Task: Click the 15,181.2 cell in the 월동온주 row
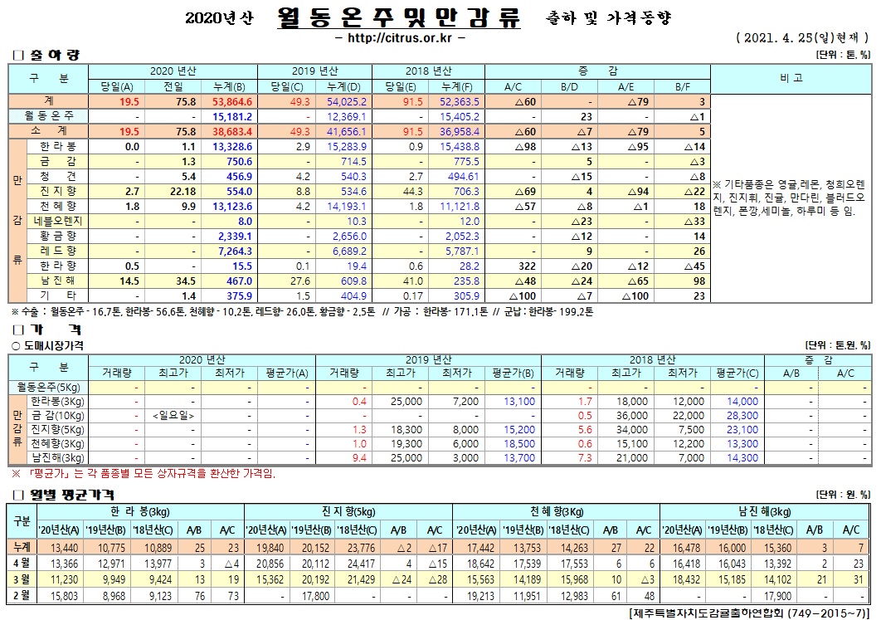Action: [236, 116]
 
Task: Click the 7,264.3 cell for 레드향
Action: [236, 251]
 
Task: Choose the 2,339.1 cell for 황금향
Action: [236, 236]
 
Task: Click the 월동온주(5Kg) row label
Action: [49, 387]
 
